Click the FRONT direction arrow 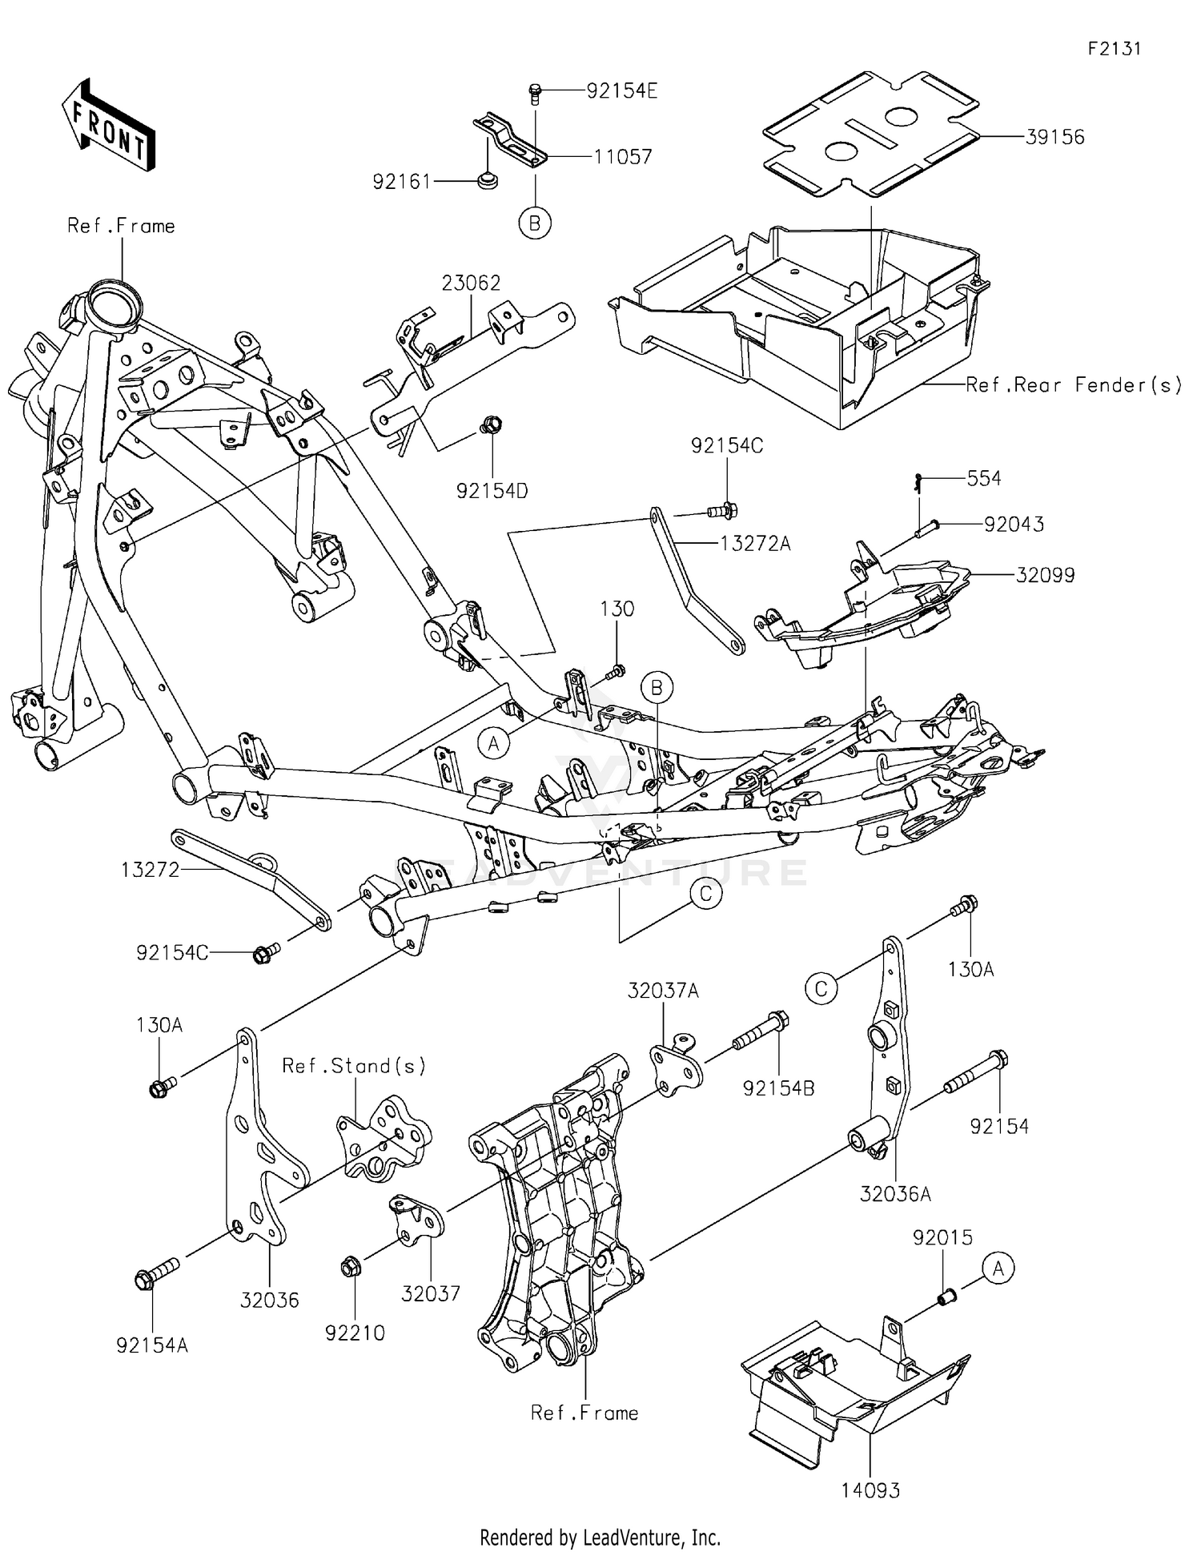108,126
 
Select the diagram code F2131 1114,49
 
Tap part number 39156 1055,137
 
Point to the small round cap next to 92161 485,182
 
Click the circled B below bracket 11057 534,223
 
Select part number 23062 471,283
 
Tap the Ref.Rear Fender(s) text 1073,385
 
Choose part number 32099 1045,575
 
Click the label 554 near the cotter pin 983,478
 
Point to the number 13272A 755,545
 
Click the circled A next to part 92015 998,1269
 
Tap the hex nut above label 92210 350,1268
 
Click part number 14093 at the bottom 870,1490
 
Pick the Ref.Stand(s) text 353,1066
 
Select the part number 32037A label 663,991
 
